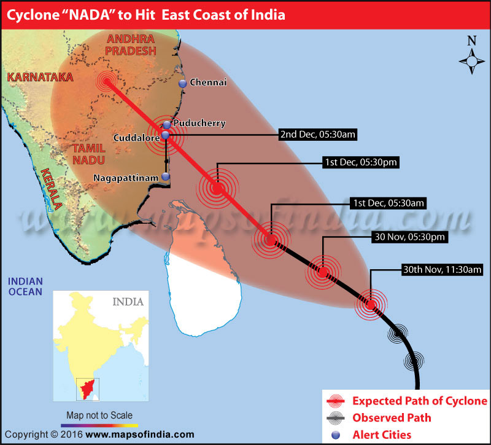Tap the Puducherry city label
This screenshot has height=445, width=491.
199,124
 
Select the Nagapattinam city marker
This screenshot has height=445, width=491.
166,177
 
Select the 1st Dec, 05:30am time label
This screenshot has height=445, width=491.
387,202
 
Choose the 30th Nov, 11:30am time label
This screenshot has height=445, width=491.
443,269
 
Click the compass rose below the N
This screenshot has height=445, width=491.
471,61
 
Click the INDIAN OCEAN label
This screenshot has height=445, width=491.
25,286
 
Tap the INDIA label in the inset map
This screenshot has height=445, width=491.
128,302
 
